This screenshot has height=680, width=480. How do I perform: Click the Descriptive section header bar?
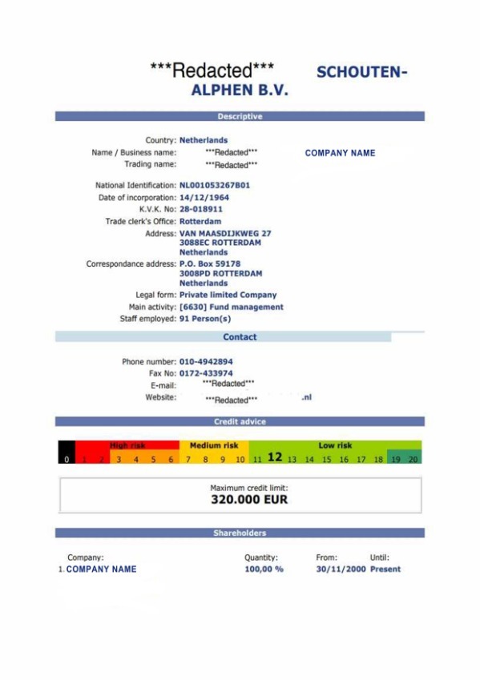pos(240,116)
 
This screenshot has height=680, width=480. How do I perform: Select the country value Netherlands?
pos(203,140)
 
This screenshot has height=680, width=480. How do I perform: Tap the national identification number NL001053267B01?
pos(214,185)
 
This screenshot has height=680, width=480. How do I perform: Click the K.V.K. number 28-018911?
pos(200,209)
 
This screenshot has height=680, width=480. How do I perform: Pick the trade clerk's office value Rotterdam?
pos(200,221)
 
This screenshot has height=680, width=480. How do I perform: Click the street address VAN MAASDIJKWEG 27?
pos(224,234)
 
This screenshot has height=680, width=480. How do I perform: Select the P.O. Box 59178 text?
pos(209,264)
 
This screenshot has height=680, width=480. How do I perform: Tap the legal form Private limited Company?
pos(228,295)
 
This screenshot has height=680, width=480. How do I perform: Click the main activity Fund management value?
pos(231,307)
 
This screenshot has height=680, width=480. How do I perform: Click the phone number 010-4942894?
pos(206,361)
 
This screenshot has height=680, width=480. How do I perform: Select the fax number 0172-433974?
pos(206,373)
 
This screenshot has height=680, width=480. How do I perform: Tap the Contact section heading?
pos(240,337)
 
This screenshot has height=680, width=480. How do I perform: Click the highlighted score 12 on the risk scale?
pos(275,457)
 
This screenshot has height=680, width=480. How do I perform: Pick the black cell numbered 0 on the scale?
pos(67,460)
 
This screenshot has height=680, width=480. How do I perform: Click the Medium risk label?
pos(214,445)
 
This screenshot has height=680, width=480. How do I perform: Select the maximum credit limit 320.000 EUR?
pos(248,500)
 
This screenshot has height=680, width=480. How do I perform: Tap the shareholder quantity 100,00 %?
pos(264,569)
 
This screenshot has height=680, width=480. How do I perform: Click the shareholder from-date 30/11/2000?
pos(340,569)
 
